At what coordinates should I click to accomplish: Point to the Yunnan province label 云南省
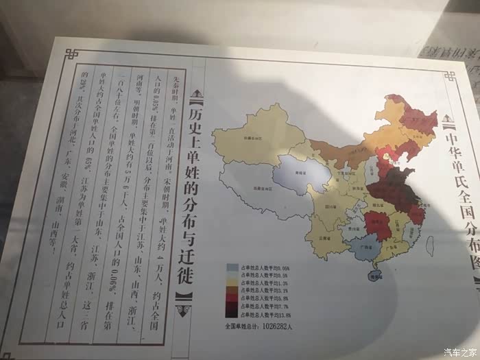coord(317,238)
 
